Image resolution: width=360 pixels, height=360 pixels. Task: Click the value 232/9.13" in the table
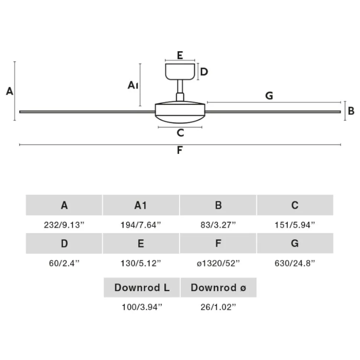tap(64, 225)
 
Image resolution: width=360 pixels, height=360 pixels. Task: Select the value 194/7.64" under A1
tap(141, 225)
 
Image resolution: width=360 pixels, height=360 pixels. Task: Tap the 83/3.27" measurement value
tap(218, 225)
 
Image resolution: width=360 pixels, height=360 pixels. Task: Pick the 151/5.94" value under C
tap(295, 225)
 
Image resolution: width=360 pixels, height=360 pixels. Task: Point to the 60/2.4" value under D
tap(64, 263)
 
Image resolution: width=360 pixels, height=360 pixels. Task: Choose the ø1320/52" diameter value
tap(218, 263)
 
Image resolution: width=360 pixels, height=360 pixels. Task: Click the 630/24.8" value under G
tap(295, 263)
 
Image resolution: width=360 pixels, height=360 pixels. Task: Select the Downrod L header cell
tap(142, 287)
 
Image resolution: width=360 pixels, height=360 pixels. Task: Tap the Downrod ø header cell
tap(218, 287)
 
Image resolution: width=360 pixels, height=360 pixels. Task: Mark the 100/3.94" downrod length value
tap(142, 307)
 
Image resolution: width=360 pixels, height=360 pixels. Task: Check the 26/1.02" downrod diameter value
tap(218, 307)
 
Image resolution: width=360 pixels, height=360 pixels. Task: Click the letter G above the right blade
tap(269, 96)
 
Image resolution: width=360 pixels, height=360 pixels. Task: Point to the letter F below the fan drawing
tap(180, 150)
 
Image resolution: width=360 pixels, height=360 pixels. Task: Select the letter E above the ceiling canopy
tap(180, 55)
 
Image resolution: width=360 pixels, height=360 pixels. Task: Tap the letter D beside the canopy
tap(204, 72)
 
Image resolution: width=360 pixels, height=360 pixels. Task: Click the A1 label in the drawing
tap(133, 85)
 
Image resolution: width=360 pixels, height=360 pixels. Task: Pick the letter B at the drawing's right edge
tap(351, 111)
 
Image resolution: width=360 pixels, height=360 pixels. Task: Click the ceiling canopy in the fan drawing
tap(180, 72)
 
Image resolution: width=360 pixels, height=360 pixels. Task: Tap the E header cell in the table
tap(141, 243)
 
